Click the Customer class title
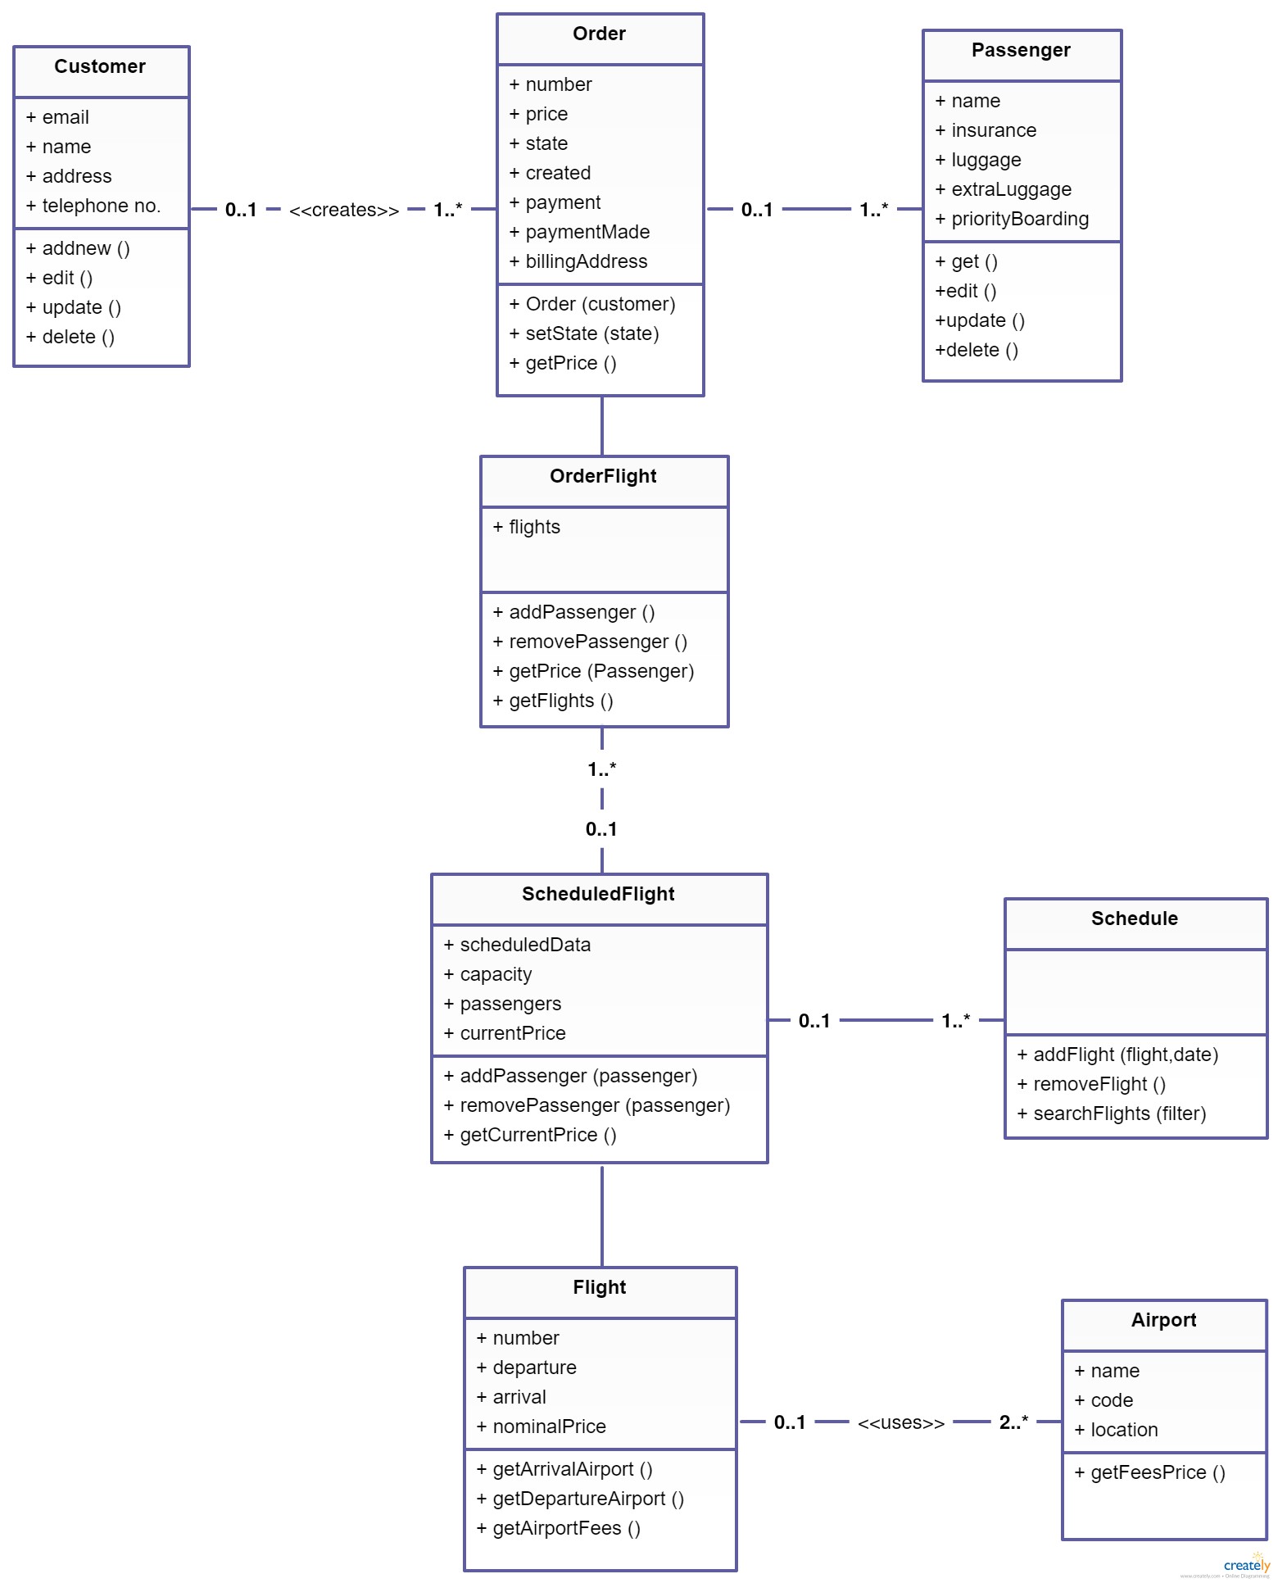(100, 66)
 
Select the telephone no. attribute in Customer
(93, 206)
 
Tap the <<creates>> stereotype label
(344, 210)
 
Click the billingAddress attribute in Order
(578, 261)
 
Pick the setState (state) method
(584, 333)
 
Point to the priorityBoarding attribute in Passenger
(1012, 219)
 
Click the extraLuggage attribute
(1004, 189)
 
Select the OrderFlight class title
(603, 476)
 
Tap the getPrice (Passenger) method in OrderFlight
(593, 671)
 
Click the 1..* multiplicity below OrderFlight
(602, 769)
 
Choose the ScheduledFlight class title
(598, 894)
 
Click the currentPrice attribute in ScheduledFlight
(505, 1033)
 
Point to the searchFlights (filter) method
(1112, 1114)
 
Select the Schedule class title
(1135, 919)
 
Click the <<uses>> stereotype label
(901, 1422)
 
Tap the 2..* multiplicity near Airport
(1013, 1422)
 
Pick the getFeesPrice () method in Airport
(1150, 1472)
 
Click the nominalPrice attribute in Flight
(542, 1427)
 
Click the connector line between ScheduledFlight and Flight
(602, 1215)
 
